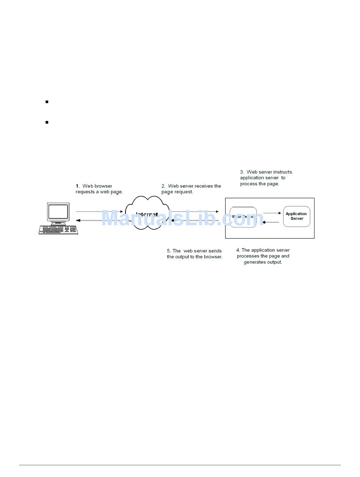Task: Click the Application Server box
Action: pos(296,217)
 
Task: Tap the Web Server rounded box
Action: pos(243,217)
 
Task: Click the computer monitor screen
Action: pos(58,212)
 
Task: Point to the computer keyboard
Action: pos(58,230)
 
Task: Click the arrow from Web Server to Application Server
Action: pos(272,213)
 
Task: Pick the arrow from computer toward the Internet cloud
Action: pos(99,212)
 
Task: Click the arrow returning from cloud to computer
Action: pos(99,220)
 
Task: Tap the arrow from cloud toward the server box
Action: pos(195,212)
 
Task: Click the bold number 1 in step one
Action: pos(77,186)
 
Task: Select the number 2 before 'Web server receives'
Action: pos(163,186)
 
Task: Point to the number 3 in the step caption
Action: pos(242,172)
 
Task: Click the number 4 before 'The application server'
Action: pos(238,250)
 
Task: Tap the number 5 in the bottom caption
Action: pos(169,251)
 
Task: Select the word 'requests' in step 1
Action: pos(85,192)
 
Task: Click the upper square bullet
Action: pos(47,102)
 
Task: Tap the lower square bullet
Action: pos(47,122)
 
